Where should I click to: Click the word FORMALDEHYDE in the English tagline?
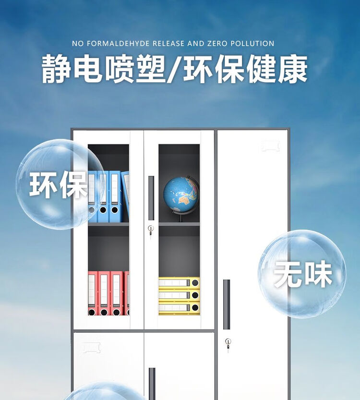[x=118, y=44]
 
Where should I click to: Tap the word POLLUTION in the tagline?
[x=252, y=44]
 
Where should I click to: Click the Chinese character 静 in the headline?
[x=57, y=69]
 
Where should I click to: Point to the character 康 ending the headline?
[x=292, y=69]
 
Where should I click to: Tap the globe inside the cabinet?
[x=181, y=194]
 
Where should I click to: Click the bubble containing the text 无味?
[x=302, y=274]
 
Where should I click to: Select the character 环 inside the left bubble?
[x=43, y=184]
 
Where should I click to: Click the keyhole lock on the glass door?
[x=151, y=229]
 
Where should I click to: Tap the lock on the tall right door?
[x=228, y=342]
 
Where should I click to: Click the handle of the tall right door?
[x=227, y=304]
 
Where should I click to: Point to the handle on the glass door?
[x=151, y=198]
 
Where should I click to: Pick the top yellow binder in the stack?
[x=179, y=283]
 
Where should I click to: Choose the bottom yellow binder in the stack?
[x=179, y=308]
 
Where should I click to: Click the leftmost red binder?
[x=92, y=293]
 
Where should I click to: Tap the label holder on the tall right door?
[x=270, y=146]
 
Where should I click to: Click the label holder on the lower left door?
[x=91, y=348]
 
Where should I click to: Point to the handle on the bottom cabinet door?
[x=152, y=384]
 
